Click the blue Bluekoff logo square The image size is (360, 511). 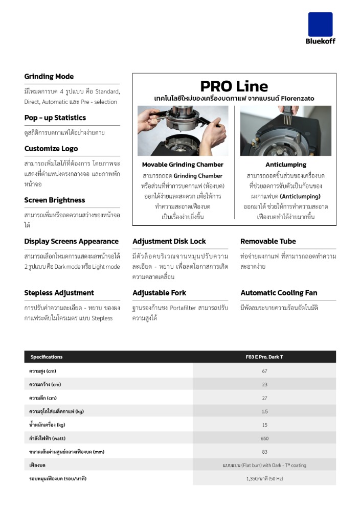coord(320,24)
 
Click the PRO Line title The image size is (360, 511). coord(234,86)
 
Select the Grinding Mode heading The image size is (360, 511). coord(49,77)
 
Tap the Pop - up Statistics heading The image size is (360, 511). coord(55,118)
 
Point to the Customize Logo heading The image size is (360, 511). coord(51,149)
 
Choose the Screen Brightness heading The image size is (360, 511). coord(55,200)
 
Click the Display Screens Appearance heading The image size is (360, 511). coord(71,241)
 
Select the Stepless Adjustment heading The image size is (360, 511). coord(59,293)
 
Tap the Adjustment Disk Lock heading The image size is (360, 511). coord(169,241)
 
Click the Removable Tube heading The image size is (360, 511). coord(268,241)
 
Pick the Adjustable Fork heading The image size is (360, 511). coord(159,293)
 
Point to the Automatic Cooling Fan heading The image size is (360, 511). coord(279,293)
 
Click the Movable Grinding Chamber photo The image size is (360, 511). coord(183,131)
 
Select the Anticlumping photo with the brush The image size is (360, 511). coord(285,131)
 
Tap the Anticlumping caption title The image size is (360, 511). coord(285,165)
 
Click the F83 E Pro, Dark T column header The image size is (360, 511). coord(264,357)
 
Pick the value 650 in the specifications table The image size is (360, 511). coord(264,438)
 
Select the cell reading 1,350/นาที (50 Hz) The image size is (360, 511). coord(264,479)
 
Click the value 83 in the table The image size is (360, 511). coord(264,452)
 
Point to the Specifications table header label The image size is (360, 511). coord(47,357)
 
